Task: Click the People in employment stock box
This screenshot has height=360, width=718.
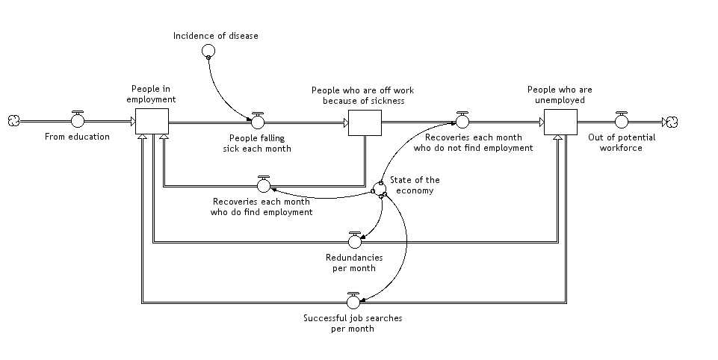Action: tap(152, 121)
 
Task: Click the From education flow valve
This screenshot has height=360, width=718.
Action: tap(78, 120)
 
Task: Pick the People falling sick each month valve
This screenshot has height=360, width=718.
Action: tap(258, 120)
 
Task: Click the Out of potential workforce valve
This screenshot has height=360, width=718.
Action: tap(622, 120)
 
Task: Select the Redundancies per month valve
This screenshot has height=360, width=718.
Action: tap(355, 240)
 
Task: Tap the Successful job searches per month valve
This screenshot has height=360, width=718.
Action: tap(353, 301)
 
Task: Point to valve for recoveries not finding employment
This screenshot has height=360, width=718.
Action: tap(462, 120)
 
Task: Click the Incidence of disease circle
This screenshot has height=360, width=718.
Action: tap(208, 51)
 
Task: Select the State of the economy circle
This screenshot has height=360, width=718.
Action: tap(379, 188)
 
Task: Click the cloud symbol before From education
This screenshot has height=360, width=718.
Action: tap(13, 121)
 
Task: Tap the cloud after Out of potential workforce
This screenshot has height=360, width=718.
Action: tap(672, 121)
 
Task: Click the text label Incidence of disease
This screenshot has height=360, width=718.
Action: tap(216, 35)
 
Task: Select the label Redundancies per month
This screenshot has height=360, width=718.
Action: tap(354, 262)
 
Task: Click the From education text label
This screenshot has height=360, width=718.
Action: tap(77, 137)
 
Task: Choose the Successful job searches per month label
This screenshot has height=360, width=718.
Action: tap(353, 323)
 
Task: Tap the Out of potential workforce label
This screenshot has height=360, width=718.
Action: tap(622, 142)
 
